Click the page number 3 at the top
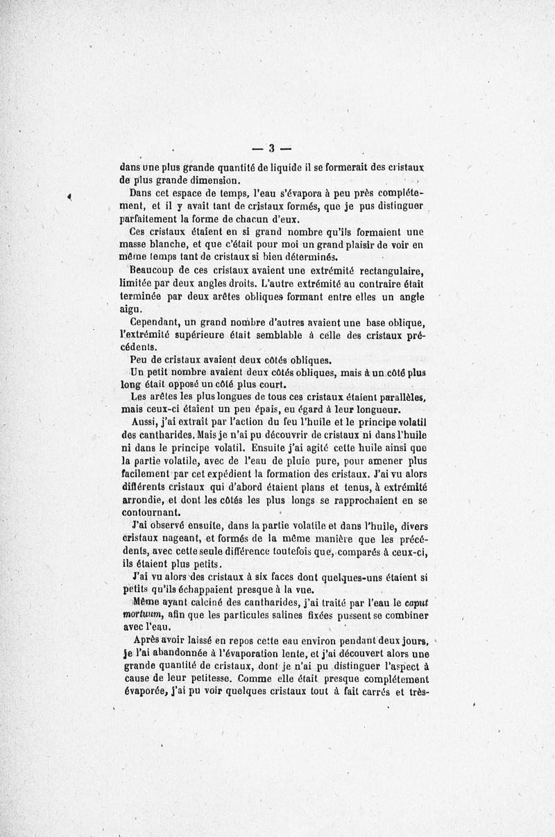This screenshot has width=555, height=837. (272, 147)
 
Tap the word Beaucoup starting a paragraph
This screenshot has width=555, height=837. (154, 270)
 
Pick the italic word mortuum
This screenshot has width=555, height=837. (142, 615)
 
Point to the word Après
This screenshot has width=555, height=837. (146, 641)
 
